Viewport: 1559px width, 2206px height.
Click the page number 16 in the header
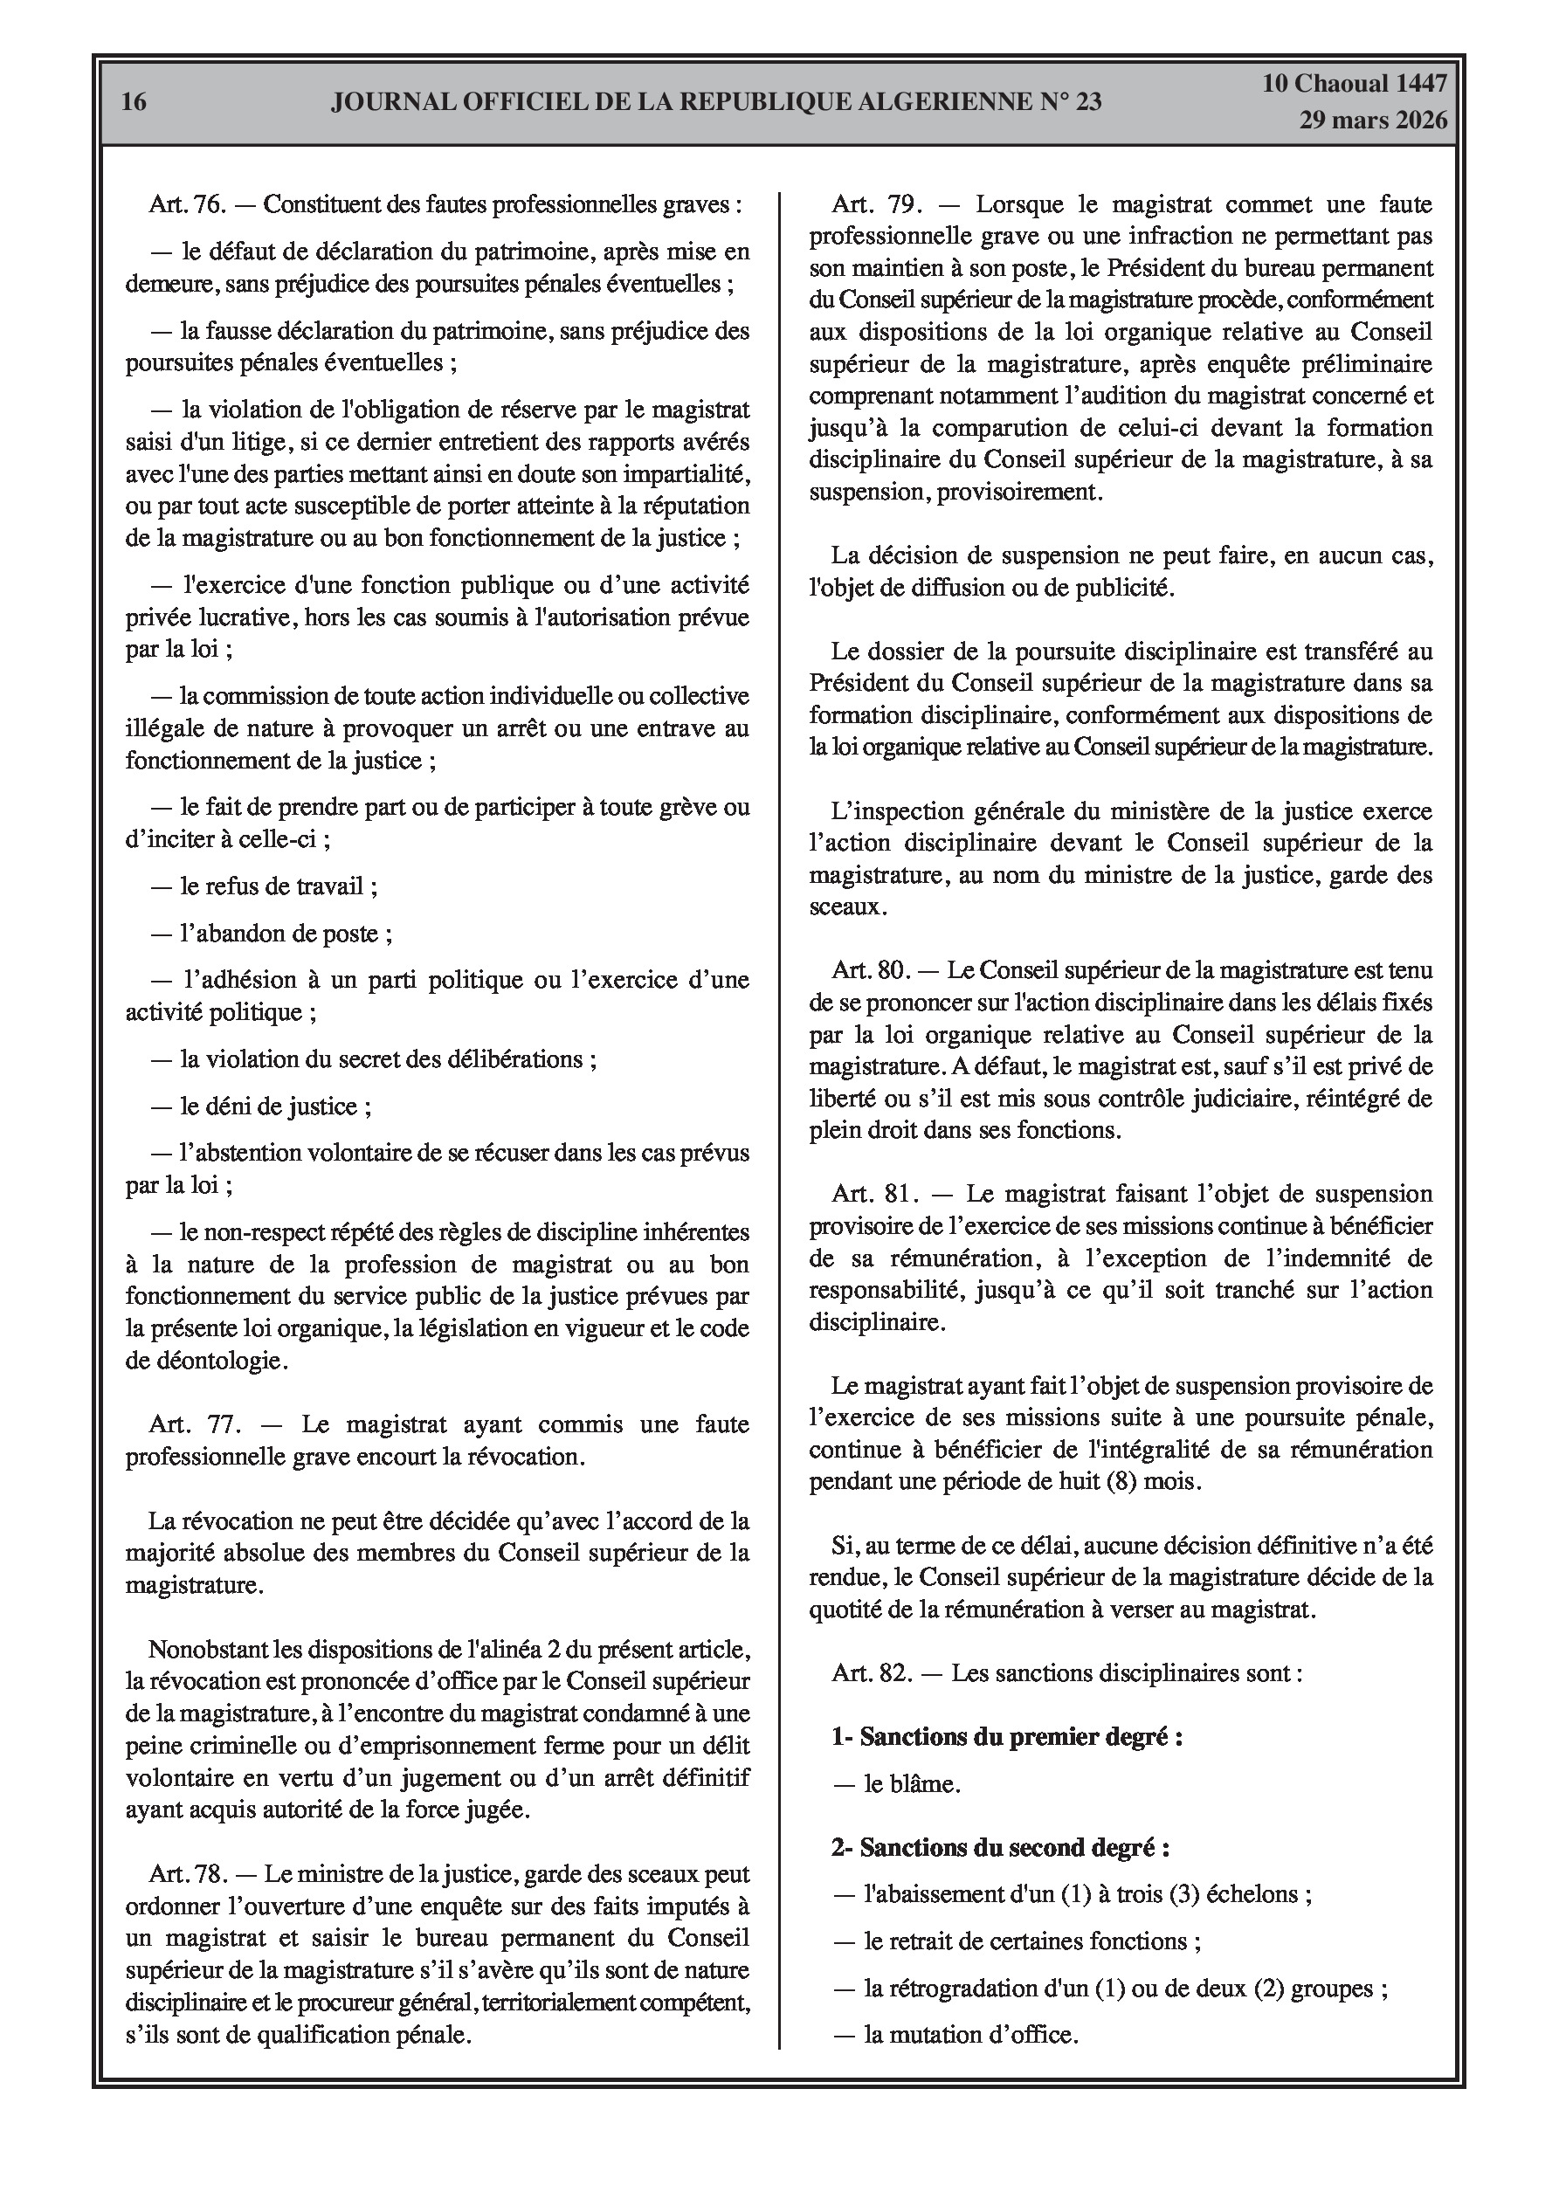click(x=135, y=102)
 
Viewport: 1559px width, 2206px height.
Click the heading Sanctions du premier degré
click(x=1006, y=1736)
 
